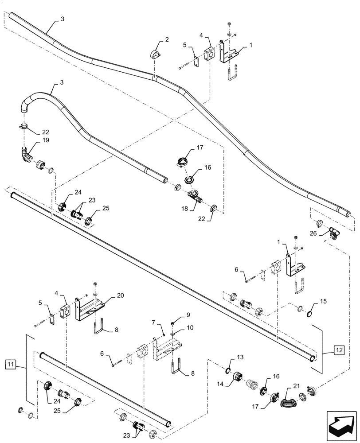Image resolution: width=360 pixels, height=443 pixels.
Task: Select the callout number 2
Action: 166,40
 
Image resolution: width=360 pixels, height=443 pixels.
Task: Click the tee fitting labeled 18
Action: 196,195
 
